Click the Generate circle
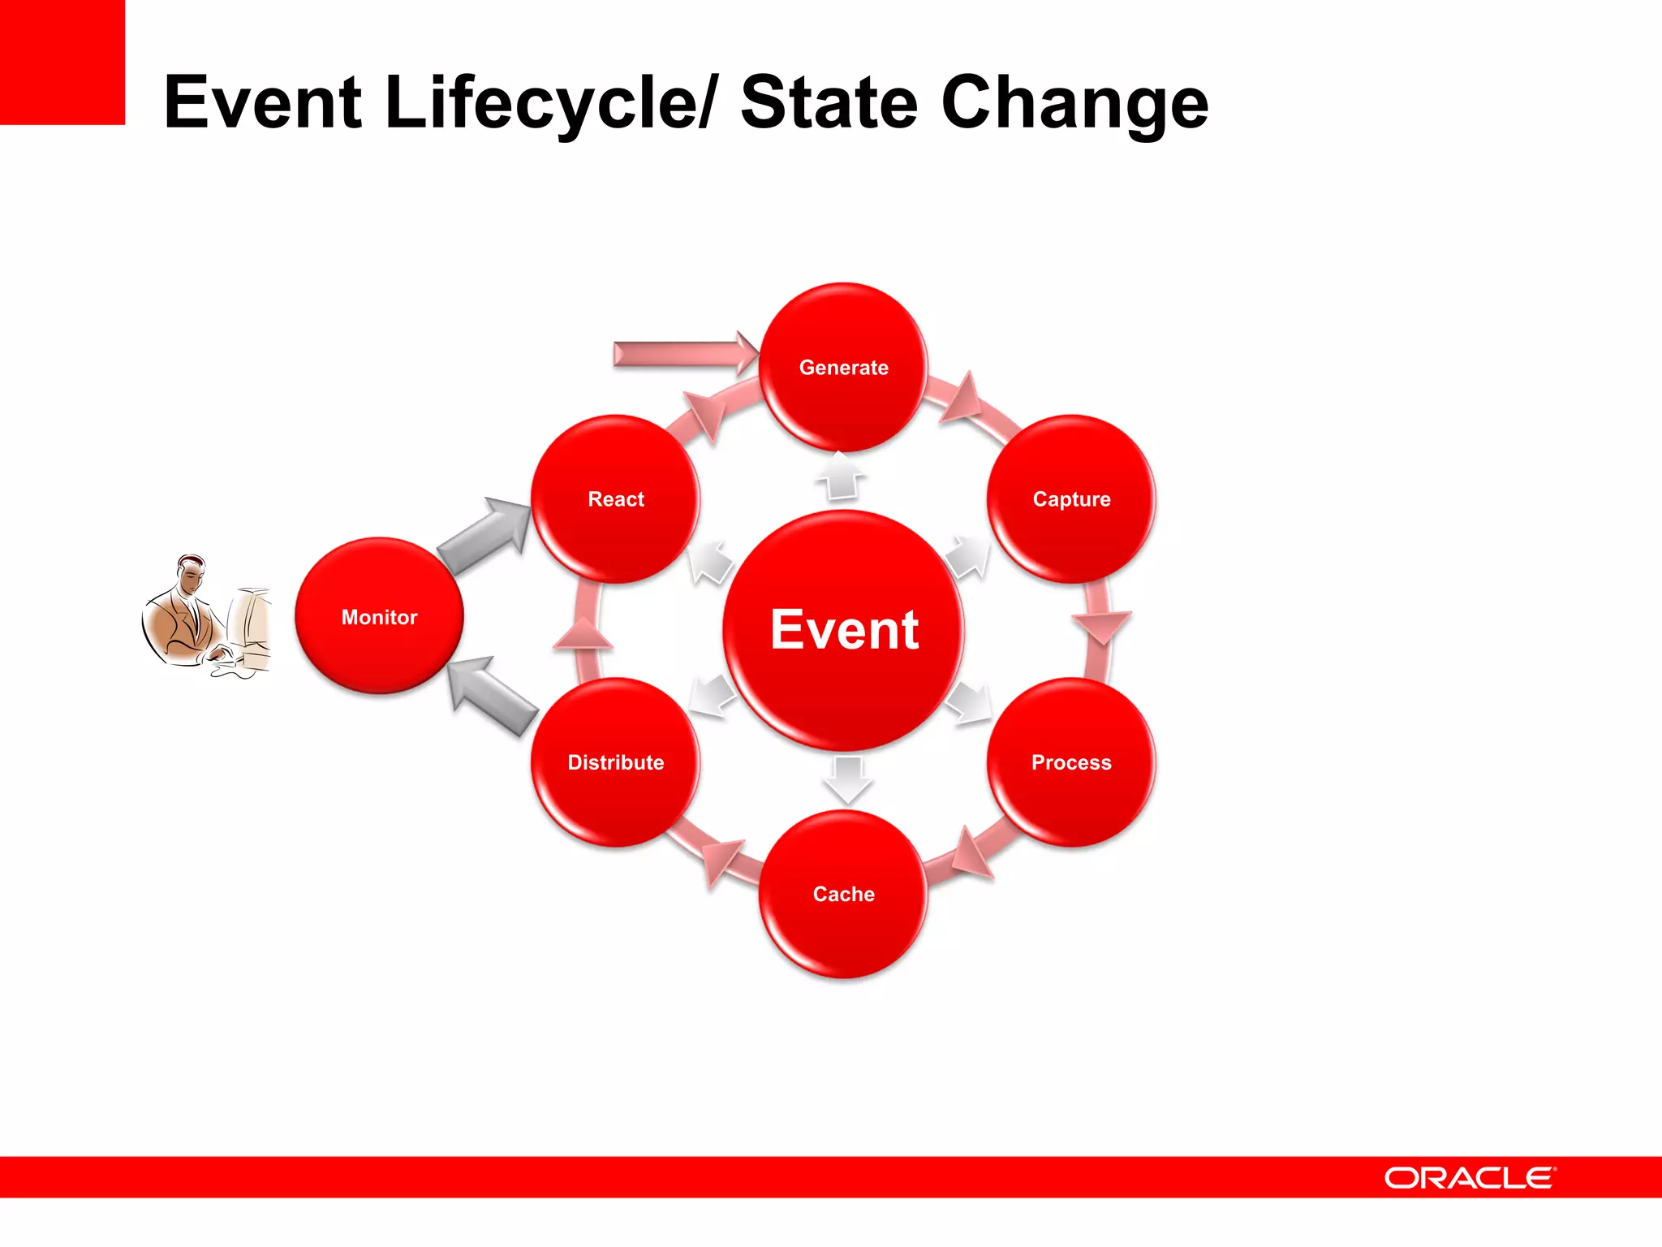pos(843,367)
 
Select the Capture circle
pos(1071,498)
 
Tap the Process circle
pos(1071,762)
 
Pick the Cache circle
pos(843,893)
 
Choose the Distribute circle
pos(615,762)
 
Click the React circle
pos(615,498)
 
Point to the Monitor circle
pos(379,616)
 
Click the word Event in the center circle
pos(844,629)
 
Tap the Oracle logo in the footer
pos(1470,1177)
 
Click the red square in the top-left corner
pos(62,62)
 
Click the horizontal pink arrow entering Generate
pos(682,354)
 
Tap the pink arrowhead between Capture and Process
pos(1100,626)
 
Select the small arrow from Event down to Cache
pos(847,779)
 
